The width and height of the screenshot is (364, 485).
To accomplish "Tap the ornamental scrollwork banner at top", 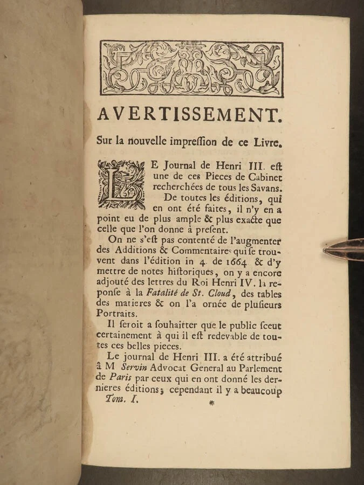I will pyautogui.click(x=191, y=68).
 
